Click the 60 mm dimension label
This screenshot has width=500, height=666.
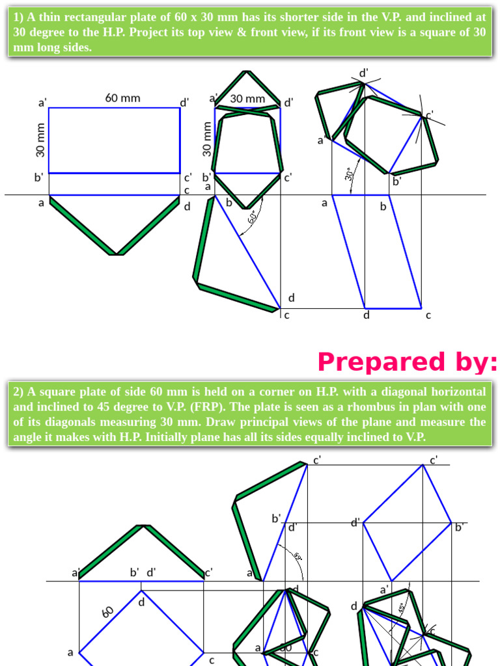click(x=122, y=98)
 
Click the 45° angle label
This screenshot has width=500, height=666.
click(x=401, y=609)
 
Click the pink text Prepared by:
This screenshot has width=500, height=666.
click(x=408, y=362)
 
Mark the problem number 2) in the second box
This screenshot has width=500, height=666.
click(x=18, y=392)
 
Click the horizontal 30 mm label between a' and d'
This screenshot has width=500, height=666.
click(x=247, y=99)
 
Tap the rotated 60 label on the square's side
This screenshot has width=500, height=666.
click(x=108, y=612)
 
